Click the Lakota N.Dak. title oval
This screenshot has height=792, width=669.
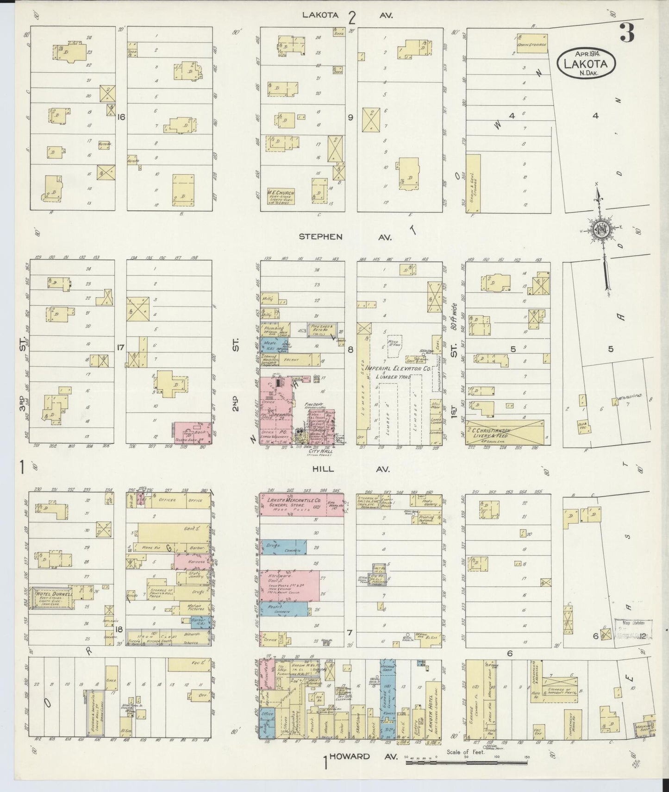click(x=587, y=63)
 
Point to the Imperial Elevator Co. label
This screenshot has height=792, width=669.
click(x=398, y=368)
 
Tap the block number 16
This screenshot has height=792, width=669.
click(x=121, y=117)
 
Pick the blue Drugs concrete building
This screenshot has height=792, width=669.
click(x=283, y=547)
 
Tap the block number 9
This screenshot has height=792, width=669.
click(x=350, y=117)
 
